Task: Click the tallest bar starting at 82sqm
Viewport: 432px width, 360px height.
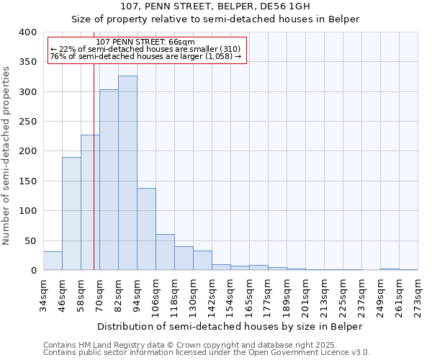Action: tap(127, 173)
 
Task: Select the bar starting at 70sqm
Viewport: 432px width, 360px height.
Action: tap(109, 180)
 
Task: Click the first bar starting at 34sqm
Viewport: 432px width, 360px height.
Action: tap(53, 261)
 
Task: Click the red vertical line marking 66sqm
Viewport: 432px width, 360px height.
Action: tap(94, 180)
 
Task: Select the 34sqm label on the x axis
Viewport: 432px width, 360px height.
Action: tap(43, 296)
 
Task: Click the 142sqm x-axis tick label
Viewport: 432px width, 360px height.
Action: tap(212, 296)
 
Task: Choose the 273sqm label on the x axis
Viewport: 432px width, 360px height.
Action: tap(418, 296)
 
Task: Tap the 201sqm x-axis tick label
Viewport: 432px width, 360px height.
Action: tap(305, 296)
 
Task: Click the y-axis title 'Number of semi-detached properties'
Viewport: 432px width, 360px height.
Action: tap(6, 156)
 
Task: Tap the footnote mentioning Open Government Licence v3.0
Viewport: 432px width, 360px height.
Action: tap(207, 353)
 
